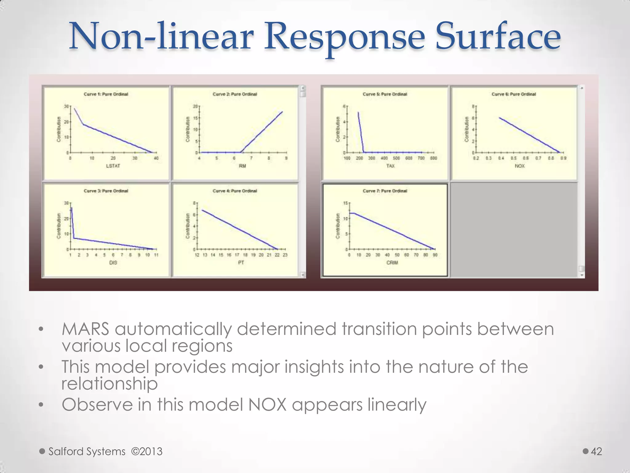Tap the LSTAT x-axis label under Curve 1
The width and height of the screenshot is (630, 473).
coord(113,166)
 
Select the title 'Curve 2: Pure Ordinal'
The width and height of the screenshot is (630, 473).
coord(235,94)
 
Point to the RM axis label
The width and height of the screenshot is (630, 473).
coord(242,166)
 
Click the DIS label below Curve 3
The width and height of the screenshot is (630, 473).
coord(113,263)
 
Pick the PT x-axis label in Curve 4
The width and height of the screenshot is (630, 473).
coord(241,263)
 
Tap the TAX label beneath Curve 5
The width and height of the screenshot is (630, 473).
coord(390,166)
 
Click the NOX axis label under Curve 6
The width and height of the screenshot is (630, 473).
coord(520,166)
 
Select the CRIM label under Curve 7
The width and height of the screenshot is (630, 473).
coord(392,263)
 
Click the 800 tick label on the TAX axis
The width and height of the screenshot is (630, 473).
coord(433,158)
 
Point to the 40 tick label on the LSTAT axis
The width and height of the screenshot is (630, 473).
coord(156,158)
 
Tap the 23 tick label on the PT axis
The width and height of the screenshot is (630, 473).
coord(285,255)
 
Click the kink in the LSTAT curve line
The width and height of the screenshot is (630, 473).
coord(83,124)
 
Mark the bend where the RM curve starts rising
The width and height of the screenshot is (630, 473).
coord(241,152)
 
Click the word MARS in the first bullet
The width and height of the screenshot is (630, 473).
coord(86,329)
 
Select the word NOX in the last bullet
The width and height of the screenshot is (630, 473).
coord(267,405)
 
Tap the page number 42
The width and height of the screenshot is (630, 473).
coord(596,451)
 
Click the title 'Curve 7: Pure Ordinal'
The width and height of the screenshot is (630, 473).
coord(385,191)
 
